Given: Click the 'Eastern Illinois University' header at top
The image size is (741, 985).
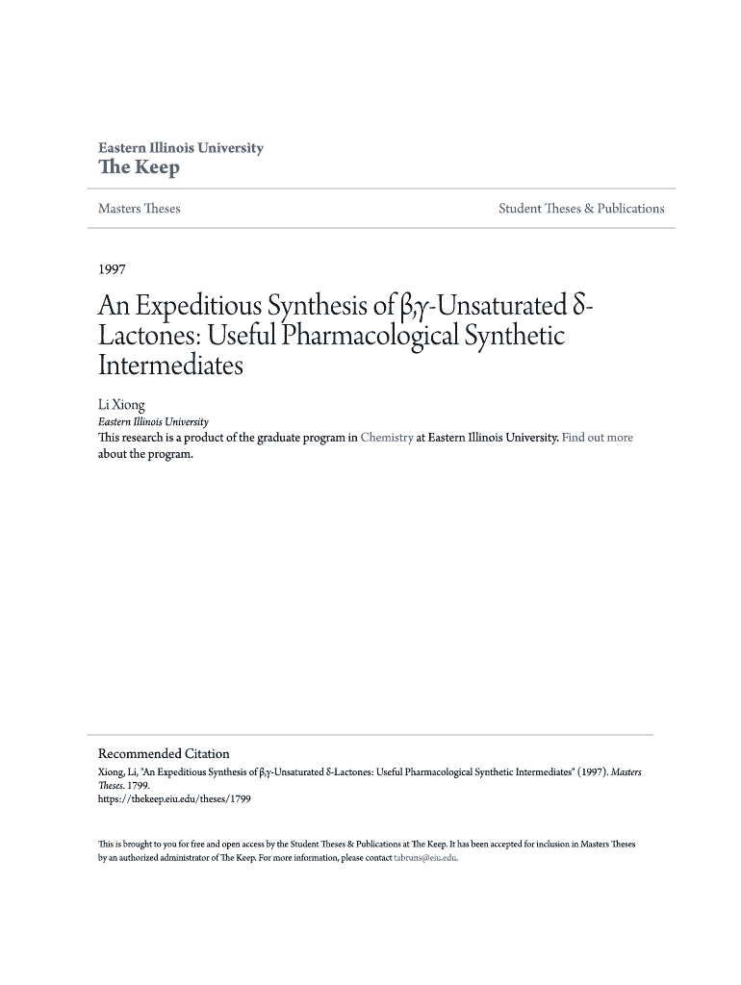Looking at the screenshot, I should coord(180,148).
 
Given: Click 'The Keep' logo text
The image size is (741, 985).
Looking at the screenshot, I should coord(139,168).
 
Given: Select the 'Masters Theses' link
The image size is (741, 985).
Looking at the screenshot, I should coord(139,209).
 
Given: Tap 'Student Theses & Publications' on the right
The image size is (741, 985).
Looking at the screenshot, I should coord(581,209).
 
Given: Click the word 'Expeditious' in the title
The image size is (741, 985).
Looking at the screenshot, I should coord(198,308).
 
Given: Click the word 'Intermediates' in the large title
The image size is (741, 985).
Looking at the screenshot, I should coord(171,366).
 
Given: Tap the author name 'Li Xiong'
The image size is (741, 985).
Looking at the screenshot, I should coord(121,406).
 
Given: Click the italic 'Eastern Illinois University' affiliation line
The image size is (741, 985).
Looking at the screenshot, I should coord(154,421).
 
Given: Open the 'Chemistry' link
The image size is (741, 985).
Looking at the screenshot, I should coord(386,438).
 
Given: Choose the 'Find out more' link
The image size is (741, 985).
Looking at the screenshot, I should coord(598,438).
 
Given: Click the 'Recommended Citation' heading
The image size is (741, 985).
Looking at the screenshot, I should coord(164,754).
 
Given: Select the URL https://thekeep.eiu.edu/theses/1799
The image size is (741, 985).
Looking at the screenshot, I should coord(174,798).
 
